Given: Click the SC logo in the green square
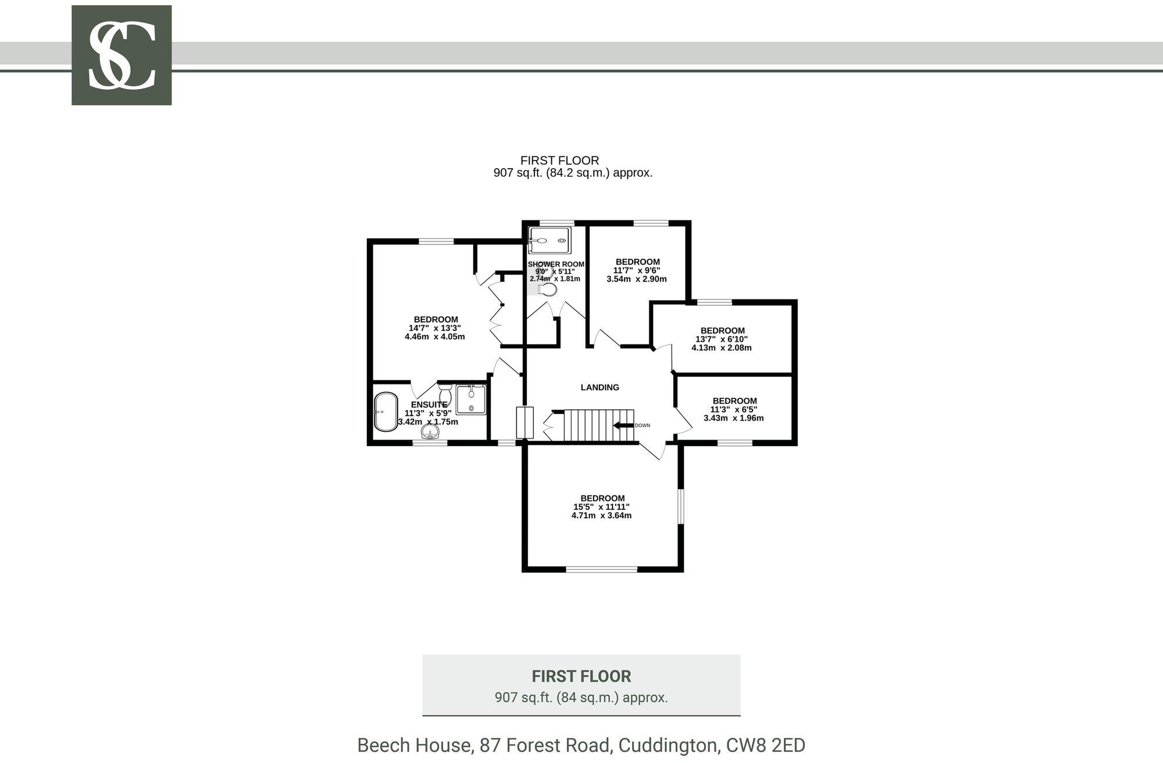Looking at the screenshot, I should coord(122,56).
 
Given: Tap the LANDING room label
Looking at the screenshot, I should coord(600,387).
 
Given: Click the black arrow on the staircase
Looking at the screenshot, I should coord(623,426).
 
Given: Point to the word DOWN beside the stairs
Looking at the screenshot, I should coord(643,426).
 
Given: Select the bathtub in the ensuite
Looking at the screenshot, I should coord(385,412).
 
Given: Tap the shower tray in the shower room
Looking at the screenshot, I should coord(549,240).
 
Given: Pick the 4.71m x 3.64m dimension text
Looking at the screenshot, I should coord(601,515).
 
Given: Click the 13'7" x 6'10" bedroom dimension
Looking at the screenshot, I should coord(721,339).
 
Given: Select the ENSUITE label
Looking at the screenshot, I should coord(429,405).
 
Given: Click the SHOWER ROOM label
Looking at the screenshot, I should coord(556,264).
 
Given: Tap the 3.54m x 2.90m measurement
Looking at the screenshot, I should coord(636,279).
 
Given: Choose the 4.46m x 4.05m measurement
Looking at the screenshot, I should coord(435,337).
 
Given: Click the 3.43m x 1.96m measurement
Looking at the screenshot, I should coord(733,418).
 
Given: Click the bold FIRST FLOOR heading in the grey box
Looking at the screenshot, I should coord(581,676).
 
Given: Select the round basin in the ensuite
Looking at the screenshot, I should coord(430,431).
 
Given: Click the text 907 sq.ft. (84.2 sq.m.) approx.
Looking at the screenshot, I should coord(573,173).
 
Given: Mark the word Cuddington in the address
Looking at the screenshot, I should coord(666,745).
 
